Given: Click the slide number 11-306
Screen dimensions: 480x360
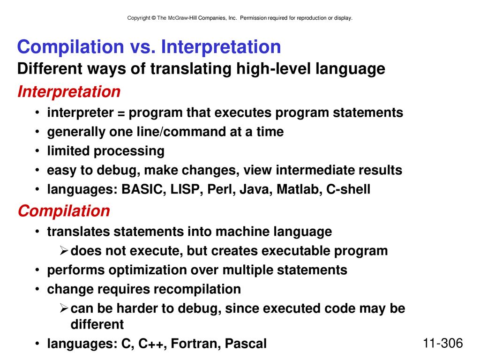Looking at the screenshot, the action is [x=442, y=343].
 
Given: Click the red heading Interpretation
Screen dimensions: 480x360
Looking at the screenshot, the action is [x=69, y=91].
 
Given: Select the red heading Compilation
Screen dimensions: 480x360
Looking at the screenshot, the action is [x=64, y=211].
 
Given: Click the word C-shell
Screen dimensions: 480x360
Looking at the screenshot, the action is [x=348, y=189].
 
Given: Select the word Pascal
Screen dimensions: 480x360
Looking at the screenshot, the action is [x=246, y=344].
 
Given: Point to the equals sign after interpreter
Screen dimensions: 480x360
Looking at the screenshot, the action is [x=121, y=113].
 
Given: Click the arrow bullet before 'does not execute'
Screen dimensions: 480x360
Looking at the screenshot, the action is [x=64, y=251].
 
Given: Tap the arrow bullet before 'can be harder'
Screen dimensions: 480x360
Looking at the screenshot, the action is [x=64, y=308].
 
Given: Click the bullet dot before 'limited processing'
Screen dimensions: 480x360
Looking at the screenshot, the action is [x=37, y=151].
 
